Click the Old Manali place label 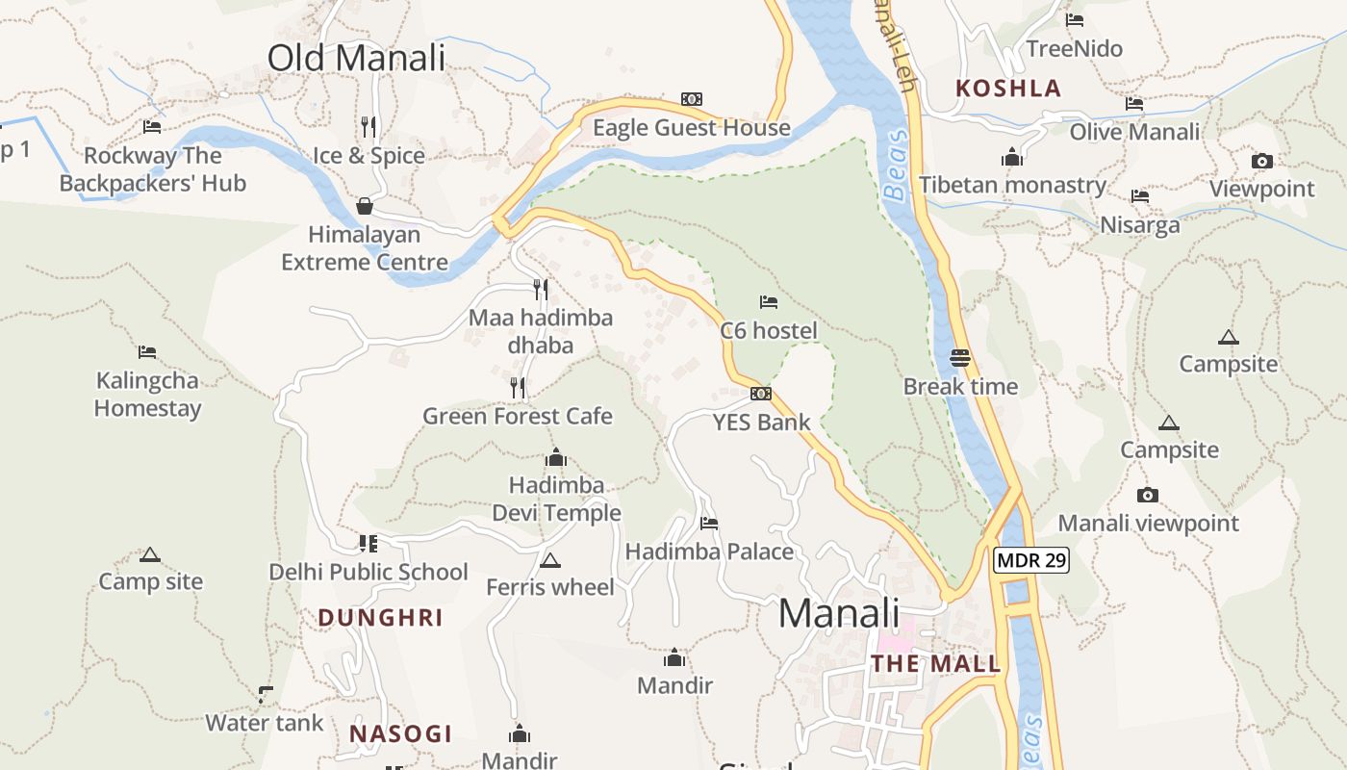(x=356, y=58)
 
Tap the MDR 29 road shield (x=1031, y=560)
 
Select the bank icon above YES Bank (x=760, y=393)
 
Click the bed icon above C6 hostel (x=768, y=302)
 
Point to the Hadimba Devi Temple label (x=556, y=499)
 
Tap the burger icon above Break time (x=959, y=358)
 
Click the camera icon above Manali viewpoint (x=1147, y=495)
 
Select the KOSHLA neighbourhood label (x=1007, y=89)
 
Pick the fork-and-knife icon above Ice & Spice (x=368, y=126)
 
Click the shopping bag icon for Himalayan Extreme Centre (x=365, y=206)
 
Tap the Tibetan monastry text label (x=1012, y=185)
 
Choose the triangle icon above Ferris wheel (x=549, y=560)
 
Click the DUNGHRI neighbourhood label (x=380, y=618)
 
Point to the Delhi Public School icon (x=368, y=544)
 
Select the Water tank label (x=265, y=723)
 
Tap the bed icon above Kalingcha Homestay (x=147, y=352)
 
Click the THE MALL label (x=935, y=664)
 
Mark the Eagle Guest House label (x=691, y=128)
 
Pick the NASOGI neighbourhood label (x=400, y=733)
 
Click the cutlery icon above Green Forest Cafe (x=518, y=387)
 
